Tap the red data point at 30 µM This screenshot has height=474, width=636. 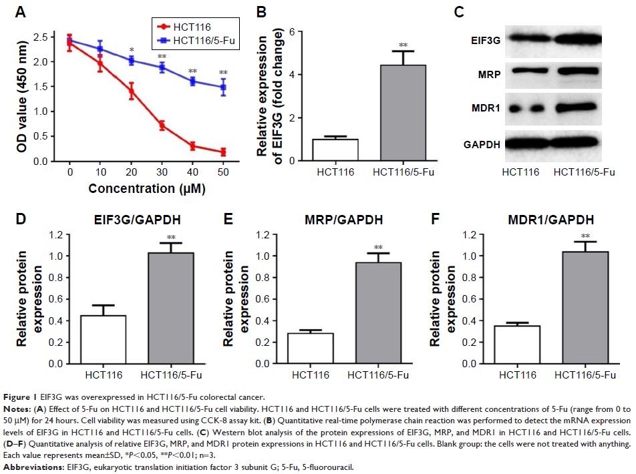(161, 125)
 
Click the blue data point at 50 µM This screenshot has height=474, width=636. (223, 87)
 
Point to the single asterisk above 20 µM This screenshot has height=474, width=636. (132, 51)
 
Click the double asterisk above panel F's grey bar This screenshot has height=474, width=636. (585, 236)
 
